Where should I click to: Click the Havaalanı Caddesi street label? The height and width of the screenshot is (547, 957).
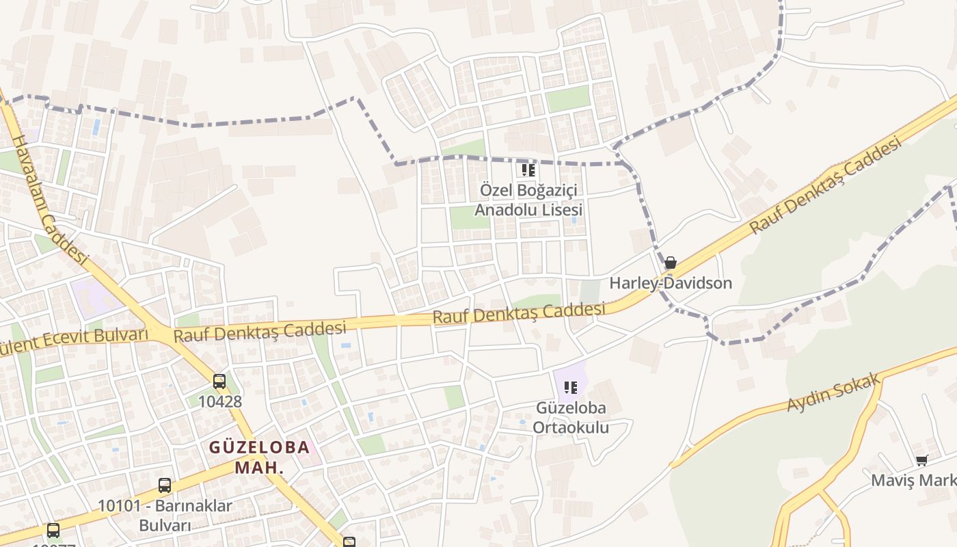click(x=51, y=198)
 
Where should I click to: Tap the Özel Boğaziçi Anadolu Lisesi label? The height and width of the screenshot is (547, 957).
click(x=528, y=200)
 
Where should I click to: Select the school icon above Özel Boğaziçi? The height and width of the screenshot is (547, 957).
click(x=528, y=170)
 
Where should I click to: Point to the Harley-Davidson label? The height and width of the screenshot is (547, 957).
click(x=670, y=283)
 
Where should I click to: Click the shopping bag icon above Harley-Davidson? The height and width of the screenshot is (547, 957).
click(x=671, y=263)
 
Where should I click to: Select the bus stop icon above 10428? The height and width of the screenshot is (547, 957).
click(x=219, y=382)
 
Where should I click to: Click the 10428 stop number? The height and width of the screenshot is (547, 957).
click(x=220, y=401)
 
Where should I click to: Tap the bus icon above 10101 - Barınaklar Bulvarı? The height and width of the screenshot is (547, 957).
click(x=165, y=485)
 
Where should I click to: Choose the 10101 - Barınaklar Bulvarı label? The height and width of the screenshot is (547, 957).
click(x=165, y=516)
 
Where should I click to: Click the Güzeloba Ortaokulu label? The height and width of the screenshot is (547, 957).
click(x=572, y=418)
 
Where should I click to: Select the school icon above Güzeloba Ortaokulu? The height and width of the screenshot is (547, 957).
click(x=571, y=388)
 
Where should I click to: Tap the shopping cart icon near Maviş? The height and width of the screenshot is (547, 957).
click(x=921, y=462)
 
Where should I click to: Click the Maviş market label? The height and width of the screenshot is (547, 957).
click(x=913, y=481)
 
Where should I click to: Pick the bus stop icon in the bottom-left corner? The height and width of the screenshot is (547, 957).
click(x=53, y=530)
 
